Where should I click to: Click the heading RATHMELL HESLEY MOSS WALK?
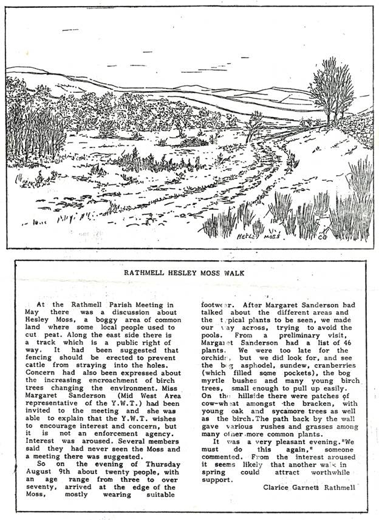pos(189,273)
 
